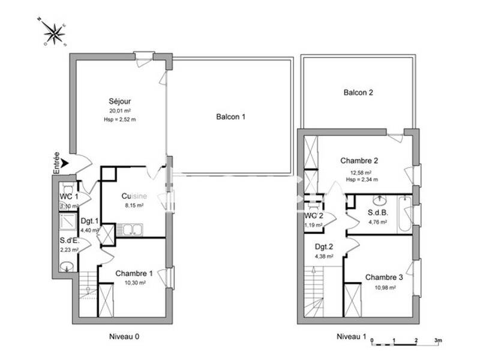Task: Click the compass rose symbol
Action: click(55, 33)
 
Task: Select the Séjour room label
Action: click(120, 101)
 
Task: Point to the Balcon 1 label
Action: click(231, 117)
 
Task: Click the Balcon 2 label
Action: click(358, 93)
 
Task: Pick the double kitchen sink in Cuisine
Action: click(128, 228)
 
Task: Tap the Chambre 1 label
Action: click(134, 274)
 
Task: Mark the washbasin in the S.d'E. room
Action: click(68, 267)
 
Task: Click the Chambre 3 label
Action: click(384, 277)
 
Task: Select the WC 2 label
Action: click(314, 216)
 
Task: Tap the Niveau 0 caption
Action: click(124, 337)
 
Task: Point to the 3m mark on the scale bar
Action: click(438, 341)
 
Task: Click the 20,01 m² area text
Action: click(120, 110)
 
